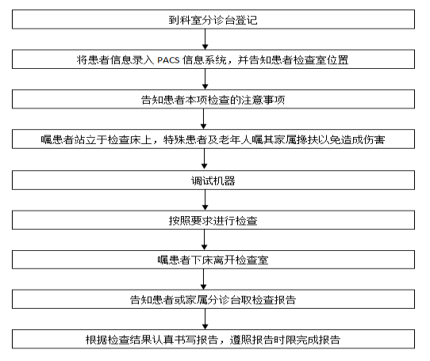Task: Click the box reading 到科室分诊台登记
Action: click(x=213, y=20)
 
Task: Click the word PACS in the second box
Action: click(x=168, y=59)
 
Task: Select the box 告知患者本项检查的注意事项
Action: click(x=213, y=99)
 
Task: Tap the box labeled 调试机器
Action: click(x=213, y=180)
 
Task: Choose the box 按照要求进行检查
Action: click(x=213, y=220)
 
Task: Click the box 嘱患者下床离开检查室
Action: click(x=213, y=260)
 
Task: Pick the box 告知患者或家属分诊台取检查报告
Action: click(x=213, y=299)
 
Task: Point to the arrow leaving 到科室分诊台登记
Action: click(x=205, y=39)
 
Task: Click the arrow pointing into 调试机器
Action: click(x=205, y=159)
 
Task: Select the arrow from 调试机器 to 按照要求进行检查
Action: click(x=205, y=199)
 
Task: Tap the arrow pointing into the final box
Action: click(x=205, y=319)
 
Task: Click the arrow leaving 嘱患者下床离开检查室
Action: click(x=203, y=279)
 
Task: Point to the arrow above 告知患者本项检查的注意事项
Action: click(x=205, y=79)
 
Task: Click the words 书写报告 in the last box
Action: click(x=196, y=340)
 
